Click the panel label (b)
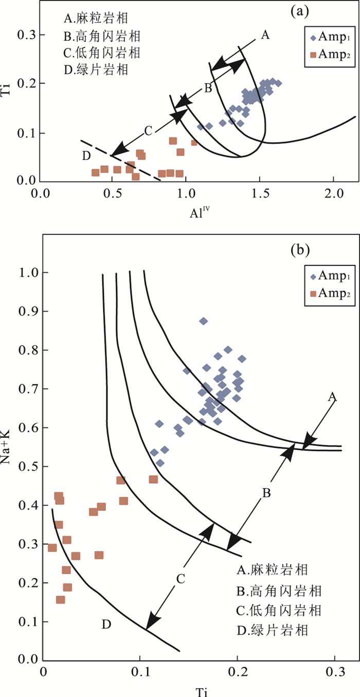tap(299, 251)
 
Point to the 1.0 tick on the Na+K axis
tap(27, 273)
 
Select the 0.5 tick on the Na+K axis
tap(27, 467)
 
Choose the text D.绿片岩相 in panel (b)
tap(278, 629)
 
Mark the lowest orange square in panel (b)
tap(61, 600)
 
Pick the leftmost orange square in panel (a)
tap(96, 172)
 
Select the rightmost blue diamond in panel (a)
tap(278, 83)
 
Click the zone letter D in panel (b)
tap(106, 625)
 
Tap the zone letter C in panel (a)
tap(148, 131)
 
